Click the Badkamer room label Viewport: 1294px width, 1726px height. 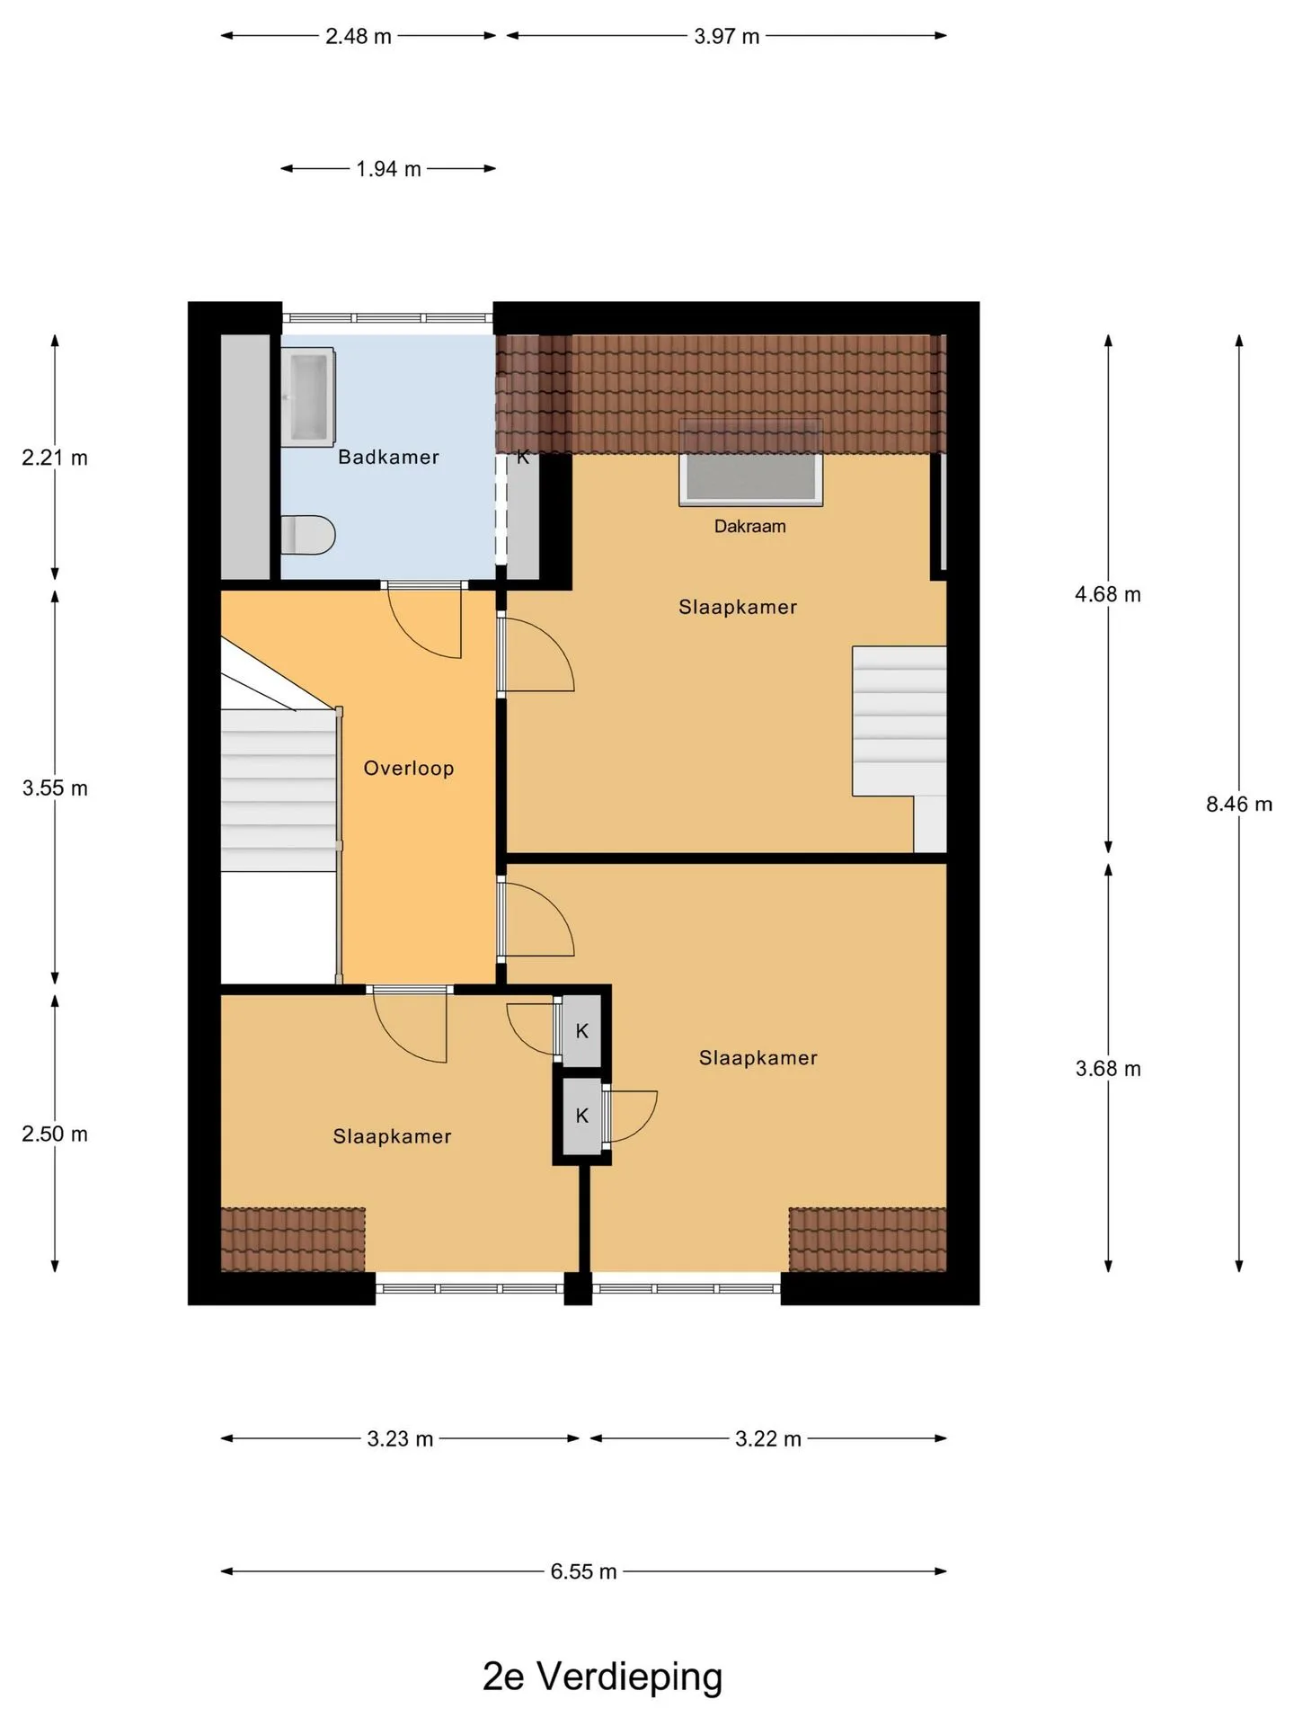coord(388,457)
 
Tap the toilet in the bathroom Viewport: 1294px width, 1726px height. coord(307,535)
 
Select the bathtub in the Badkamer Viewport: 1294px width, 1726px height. coord(307,397)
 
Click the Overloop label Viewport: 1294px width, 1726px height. coord(409,768)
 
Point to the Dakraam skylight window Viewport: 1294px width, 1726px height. coord(751,477)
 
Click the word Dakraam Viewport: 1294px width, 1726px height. coord(749,526)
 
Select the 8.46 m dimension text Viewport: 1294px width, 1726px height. coord(1239,804)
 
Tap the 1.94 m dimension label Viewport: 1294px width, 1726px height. coord(388,168)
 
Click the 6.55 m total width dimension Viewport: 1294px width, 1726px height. coord(583,1570)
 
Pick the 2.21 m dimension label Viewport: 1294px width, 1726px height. coord(55,458)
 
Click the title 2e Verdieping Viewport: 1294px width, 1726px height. coord(602,1676)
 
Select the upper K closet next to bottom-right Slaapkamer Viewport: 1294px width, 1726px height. coord(581,1030)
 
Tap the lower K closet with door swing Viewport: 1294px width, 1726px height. coord(581,1116)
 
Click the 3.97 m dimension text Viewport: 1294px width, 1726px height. coord(727,36)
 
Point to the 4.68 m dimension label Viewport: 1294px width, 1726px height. coord(1108,594)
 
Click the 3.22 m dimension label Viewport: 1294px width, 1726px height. coord(768,1438)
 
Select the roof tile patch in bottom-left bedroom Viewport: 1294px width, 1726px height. coord(293,1240)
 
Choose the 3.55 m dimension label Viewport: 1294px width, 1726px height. coord(55,788)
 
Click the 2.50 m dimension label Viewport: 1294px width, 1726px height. coord(55,1134)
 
